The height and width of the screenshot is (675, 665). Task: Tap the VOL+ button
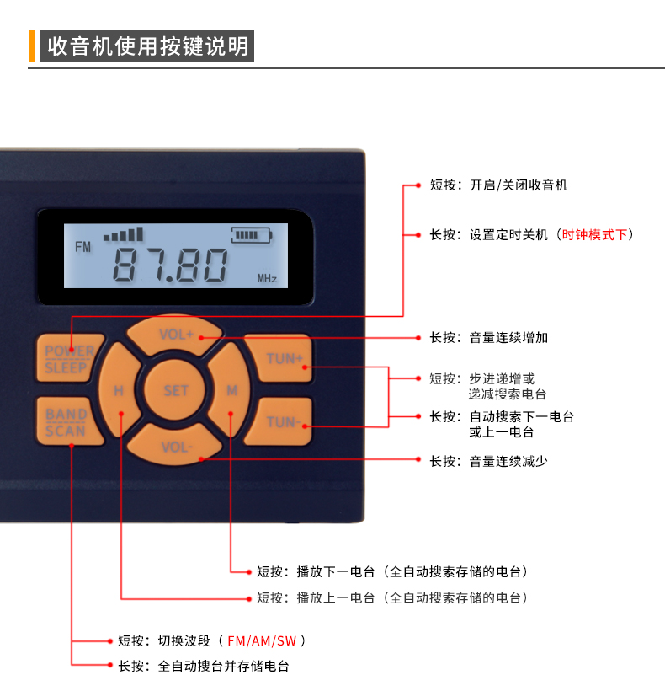pos(176,335)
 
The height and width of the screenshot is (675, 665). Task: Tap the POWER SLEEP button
pos(69,359)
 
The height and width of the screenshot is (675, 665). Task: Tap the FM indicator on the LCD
pos(82,247)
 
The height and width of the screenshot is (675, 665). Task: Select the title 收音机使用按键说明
pos(148,46)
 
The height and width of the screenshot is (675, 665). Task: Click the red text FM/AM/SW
pos(262,640)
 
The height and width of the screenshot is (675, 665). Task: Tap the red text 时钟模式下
pos(595,234)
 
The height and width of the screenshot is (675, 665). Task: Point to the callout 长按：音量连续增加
pos(489,337)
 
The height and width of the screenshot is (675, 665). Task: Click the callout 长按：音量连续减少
pos(489,461)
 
